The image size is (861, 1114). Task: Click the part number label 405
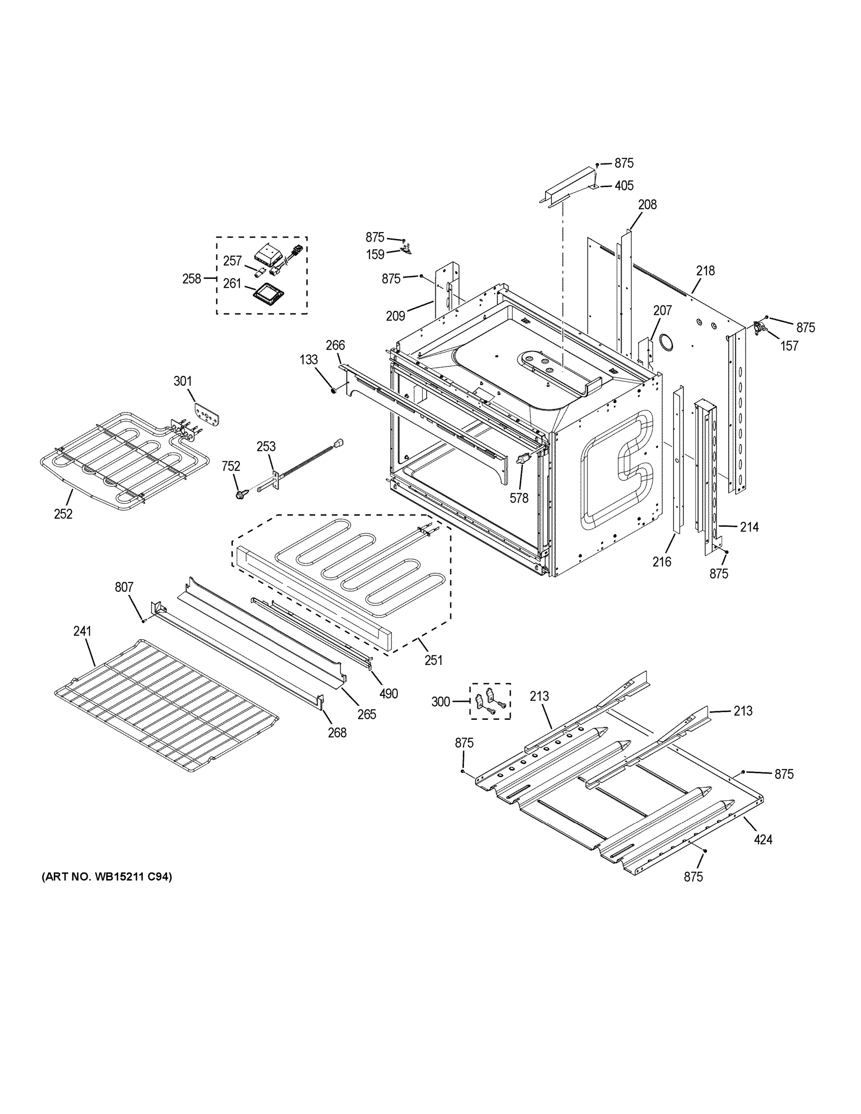tap(624, 186)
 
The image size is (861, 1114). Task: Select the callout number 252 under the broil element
tap(63, 514)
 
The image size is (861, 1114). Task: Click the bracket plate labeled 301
tap(207, 413)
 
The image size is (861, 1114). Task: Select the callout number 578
tap(519, 498)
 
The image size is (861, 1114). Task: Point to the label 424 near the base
tap(763, 839)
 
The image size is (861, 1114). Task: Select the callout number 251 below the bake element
tap(433, 660)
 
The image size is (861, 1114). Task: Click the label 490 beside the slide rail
tap(388, 693)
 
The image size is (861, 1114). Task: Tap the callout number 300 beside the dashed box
tap(440, 702)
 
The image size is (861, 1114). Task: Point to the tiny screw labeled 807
tap(143, 621)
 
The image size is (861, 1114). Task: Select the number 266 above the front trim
tap(335, 345)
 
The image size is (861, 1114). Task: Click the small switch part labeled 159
tap(406, 251)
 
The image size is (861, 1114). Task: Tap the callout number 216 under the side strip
tap(661, 562)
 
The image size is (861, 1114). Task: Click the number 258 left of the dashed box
tap(192, 278)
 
